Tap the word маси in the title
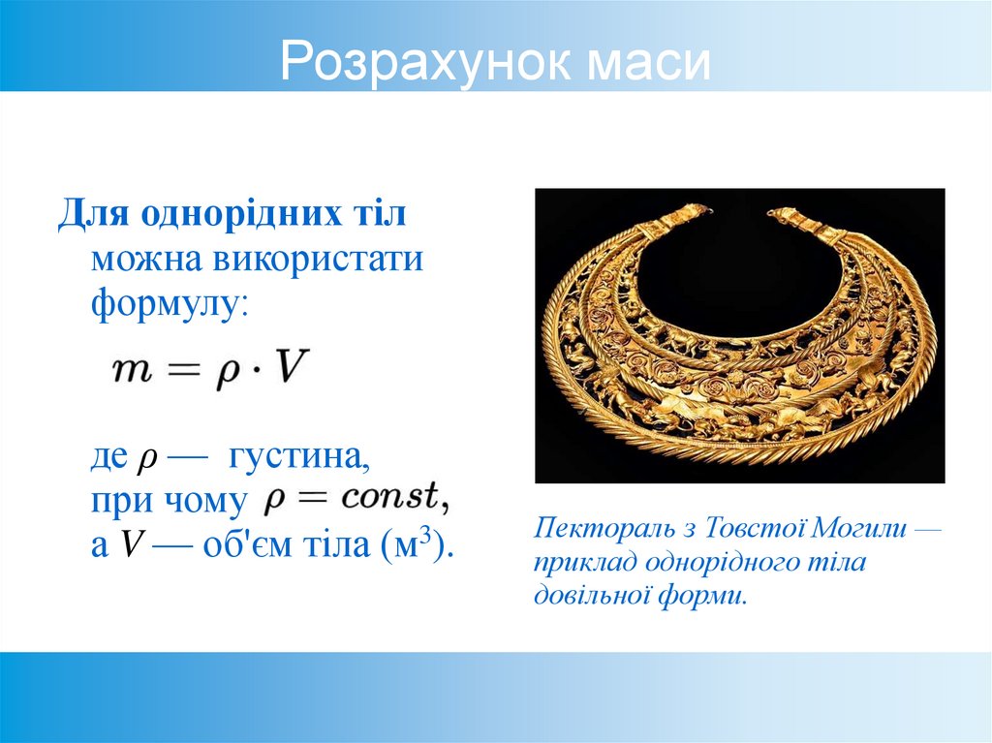[x=648, y=64]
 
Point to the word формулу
[x=169, y=306]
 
